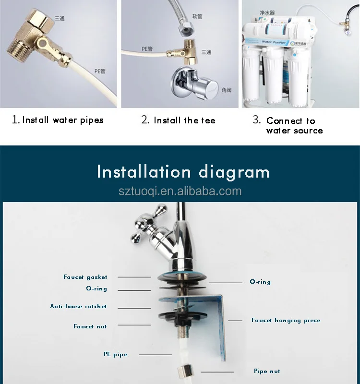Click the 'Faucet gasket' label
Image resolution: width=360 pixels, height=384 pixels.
[x=85, y=277]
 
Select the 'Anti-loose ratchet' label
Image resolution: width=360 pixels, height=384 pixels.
[x=78, y=306]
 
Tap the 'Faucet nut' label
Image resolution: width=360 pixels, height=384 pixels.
[x=90, y=326]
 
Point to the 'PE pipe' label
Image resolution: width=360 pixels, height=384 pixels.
[x=116, y=354]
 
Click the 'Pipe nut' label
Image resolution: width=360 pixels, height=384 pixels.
[x=267, y=371]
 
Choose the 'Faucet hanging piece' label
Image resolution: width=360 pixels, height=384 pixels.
[x=286, y=320]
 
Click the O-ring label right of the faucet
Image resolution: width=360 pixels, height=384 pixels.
[x=260, y=282]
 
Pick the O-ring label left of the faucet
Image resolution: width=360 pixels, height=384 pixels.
[x=96, y=288]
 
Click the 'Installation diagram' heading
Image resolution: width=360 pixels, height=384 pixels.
[x=183, y=171]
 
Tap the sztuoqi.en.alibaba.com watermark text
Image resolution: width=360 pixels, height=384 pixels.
[x=180, y=192]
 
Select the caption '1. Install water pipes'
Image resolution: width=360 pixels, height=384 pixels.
[x=58, y=120]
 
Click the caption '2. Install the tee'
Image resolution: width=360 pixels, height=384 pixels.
[x=179, y=120]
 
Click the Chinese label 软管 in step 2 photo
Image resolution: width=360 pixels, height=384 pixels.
[x=197, y=16]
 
